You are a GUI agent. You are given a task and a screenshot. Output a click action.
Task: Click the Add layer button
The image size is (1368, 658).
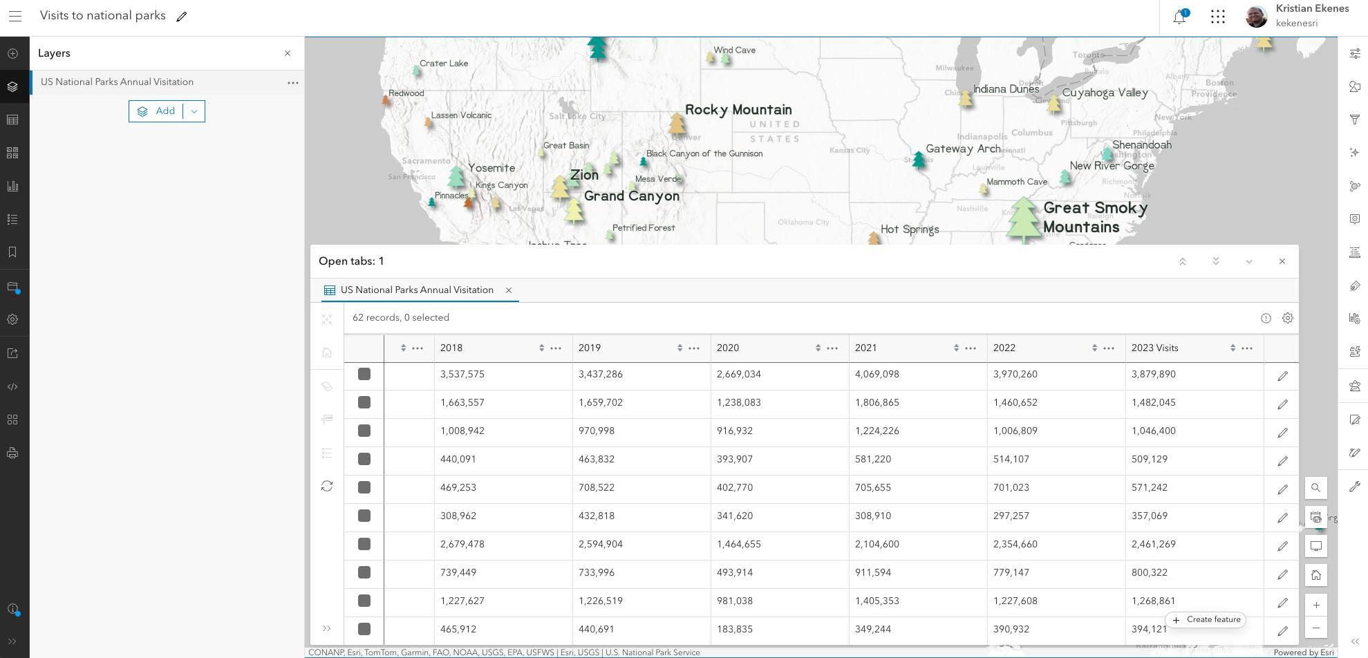tap(157, 111)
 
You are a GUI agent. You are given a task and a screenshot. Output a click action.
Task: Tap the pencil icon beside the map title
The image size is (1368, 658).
tap(182, 17)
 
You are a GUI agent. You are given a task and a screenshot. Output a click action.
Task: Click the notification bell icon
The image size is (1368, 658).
tap(1179, 17)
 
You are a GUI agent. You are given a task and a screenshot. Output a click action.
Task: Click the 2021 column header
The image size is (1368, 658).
tap(865, 348)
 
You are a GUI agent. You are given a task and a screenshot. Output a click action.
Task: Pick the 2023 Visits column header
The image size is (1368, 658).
tap(1154, 348)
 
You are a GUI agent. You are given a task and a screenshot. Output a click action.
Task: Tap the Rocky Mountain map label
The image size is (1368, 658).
tap(738, 110)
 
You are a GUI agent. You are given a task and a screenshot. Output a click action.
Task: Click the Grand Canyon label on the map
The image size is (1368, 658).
tap(631, 196)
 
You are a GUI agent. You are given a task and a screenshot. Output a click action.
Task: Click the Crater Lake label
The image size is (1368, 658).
tap(444, 64)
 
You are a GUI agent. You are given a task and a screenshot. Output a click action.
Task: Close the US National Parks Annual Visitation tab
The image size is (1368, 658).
tap(509, 290)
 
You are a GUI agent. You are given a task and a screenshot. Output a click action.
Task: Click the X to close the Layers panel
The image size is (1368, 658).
tap(288, 53)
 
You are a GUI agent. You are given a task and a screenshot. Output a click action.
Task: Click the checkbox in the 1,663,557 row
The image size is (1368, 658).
tap(364, 402)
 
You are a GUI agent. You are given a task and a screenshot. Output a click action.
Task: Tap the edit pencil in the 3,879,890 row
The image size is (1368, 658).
tap(1282, 376)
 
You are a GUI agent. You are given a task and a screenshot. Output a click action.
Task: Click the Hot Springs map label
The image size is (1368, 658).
tap(910, 229)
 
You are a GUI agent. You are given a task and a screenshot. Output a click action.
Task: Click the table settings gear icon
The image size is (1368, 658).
tap(1287, 318)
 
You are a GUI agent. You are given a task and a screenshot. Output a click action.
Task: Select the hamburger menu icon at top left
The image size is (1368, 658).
tap(15, 16)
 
